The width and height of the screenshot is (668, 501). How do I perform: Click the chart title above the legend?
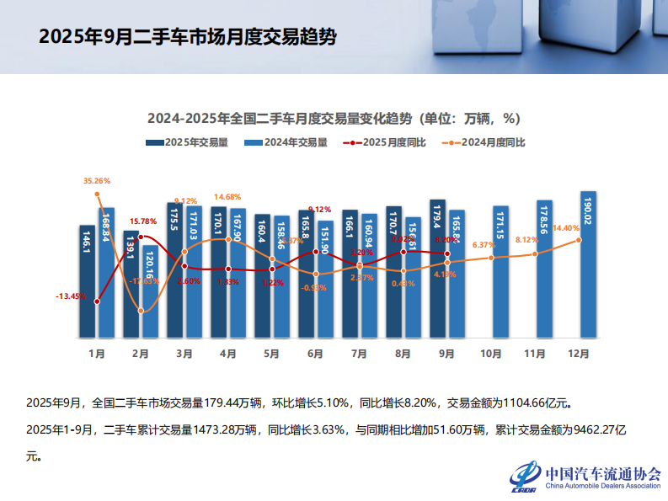coord(334,118)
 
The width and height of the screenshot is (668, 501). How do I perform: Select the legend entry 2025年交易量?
coord(187,142)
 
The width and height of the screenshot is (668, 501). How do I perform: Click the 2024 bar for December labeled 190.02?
coord(588,265)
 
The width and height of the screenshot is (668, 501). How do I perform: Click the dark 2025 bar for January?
coord(87,282)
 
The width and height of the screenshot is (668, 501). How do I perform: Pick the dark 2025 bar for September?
coord(437,269)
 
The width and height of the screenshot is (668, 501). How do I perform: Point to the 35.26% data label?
coord(97,181)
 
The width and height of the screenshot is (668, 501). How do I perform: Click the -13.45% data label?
coord(71,296)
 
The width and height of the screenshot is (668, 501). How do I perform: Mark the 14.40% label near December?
coord(565,228)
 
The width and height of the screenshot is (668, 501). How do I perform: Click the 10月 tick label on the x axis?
coord(490,354)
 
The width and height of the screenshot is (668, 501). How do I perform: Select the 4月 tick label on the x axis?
coord(227,354)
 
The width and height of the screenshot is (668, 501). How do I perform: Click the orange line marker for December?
coord(579,240)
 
